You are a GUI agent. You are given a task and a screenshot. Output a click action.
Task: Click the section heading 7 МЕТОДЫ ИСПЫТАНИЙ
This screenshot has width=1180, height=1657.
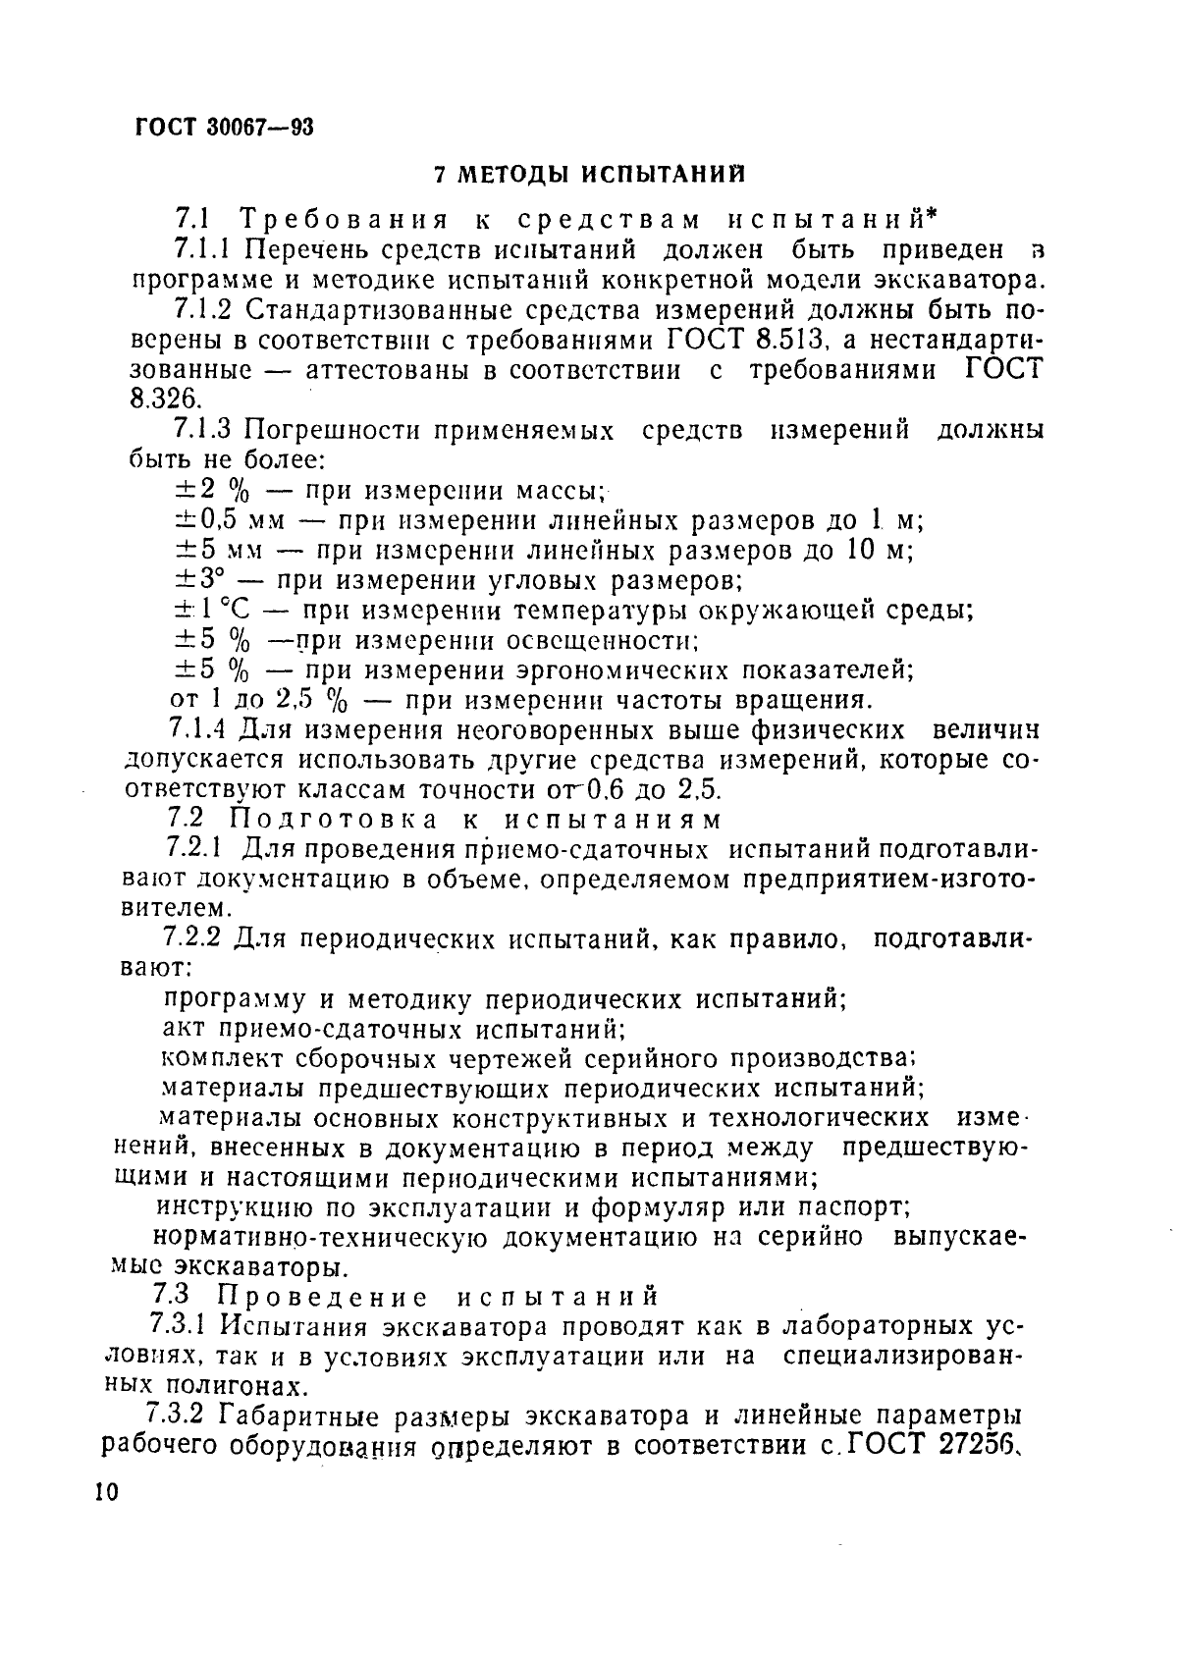[x=589, y=175]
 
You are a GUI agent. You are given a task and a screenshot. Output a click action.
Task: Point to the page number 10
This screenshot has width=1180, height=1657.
[x=106, y=1492]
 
